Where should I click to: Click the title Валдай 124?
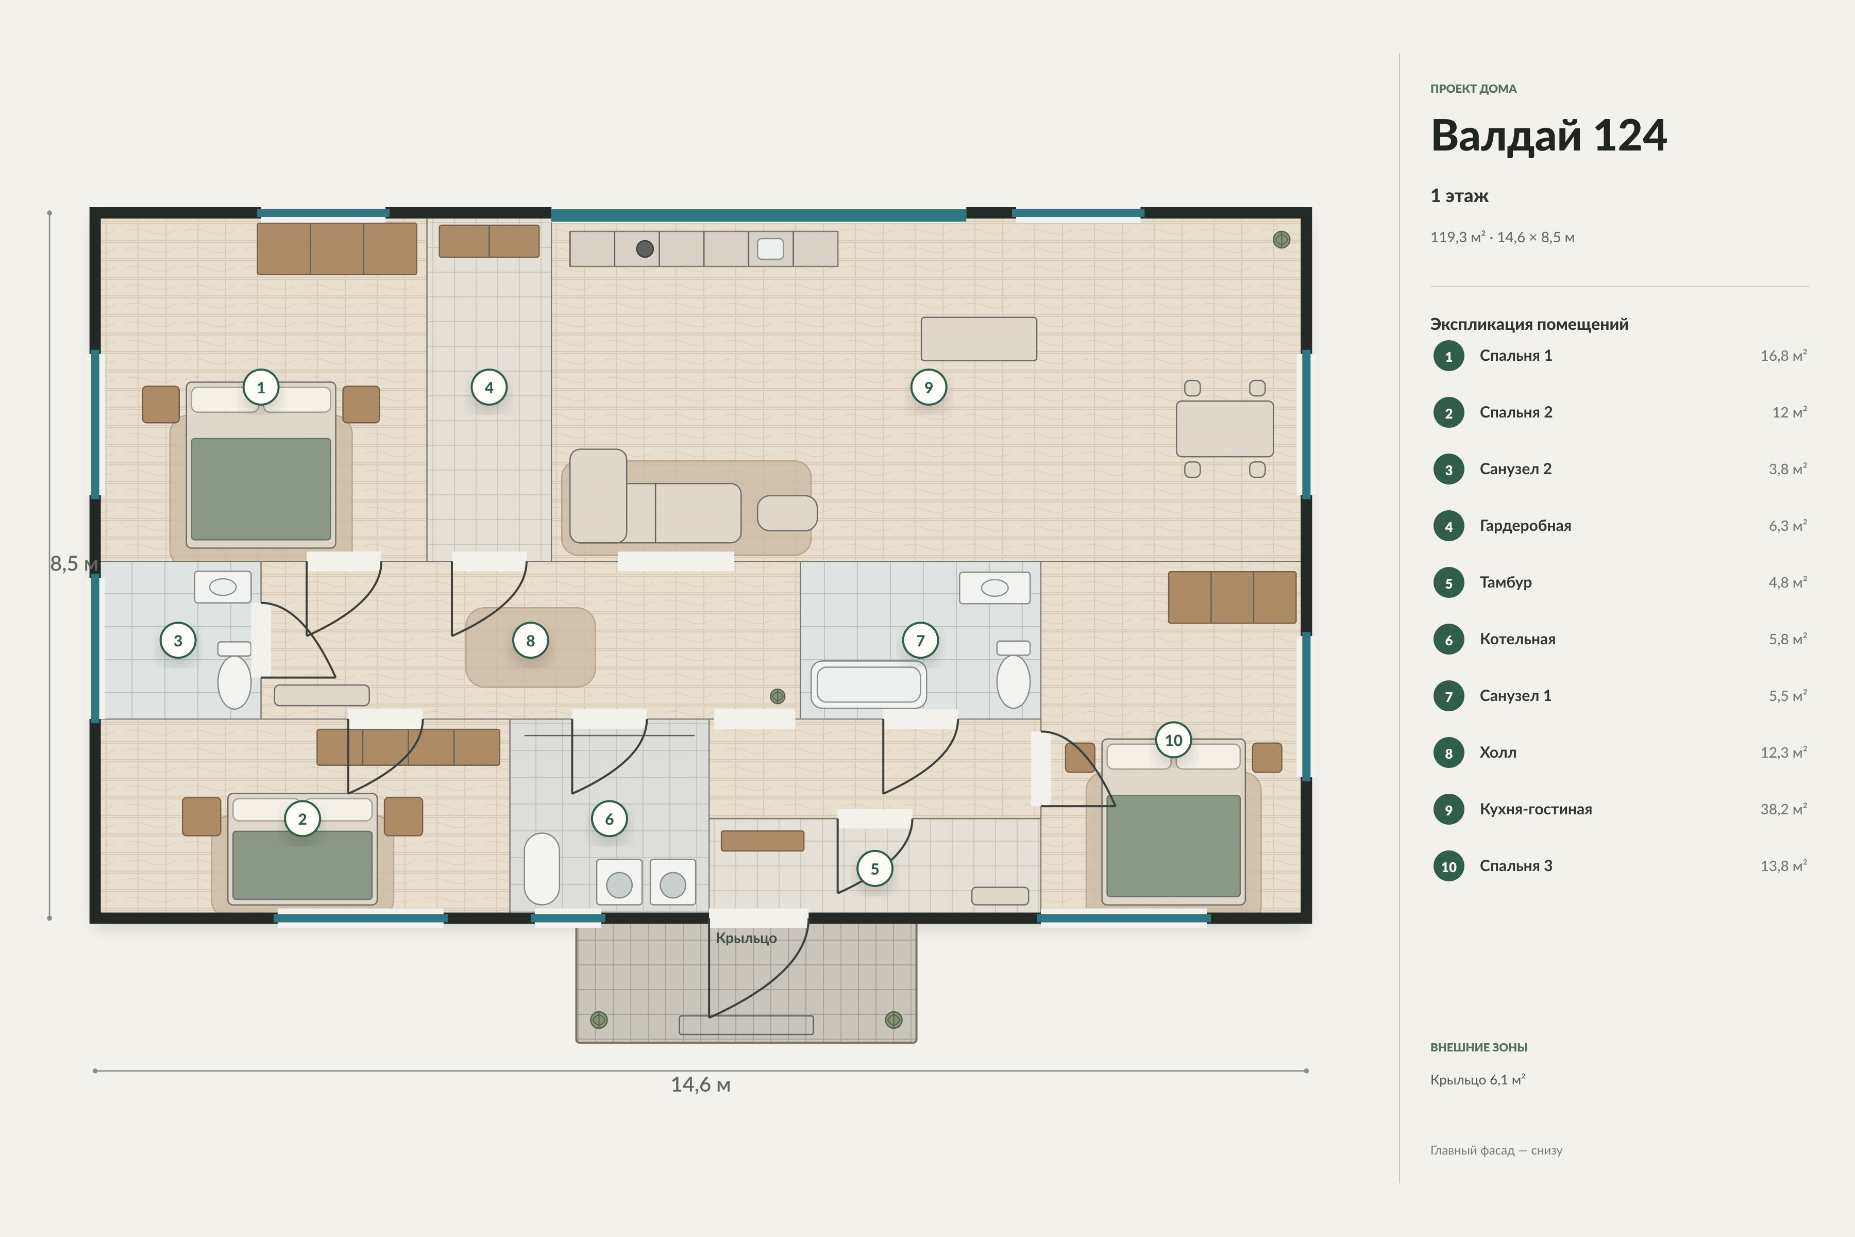click(1548, 135)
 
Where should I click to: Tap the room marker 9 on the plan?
click(929, 388)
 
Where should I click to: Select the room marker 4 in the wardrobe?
click(489, 388)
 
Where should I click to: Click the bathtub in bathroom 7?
click(868, 684)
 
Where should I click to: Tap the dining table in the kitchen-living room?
click(1225, 428)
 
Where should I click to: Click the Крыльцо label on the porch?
click(746, 938)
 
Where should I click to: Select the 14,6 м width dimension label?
click(700, 1085)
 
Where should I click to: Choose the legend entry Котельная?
click(1517, 639)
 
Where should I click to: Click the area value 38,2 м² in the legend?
click(1783, 809)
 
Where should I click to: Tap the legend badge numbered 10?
click(1449, 866)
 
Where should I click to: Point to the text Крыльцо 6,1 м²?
click(1478, 1079)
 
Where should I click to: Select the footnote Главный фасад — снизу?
click(1496, 1150)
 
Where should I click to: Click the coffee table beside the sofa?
click(787, 513)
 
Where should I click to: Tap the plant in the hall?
click(778, 696)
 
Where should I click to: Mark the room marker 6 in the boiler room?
click(609, 819)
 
